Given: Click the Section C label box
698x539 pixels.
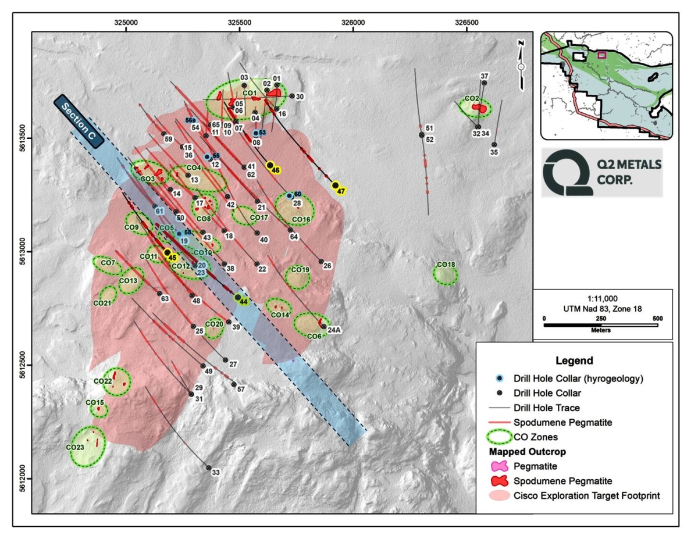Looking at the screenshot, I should click(79, 120).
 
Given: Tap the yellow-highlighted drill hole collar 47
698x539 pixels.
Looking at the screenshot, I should click(336, 185).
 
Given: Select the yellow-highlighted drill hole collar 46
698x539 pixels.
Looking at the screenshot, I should click(270, 165).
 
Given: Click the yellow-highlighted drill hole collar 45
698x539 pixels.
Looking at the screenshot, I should click(168, 252).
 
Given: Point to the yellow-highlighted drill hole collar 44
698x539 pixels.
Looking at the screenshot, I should click(238, 297).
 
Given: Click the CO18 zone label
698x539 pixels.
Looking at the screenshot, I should click(446, 265).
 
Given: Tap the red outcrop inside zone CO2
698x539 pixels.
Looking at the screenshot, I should click(479, 108).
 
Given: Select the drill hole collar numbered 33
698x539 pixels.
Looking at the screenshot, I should click(208, 467).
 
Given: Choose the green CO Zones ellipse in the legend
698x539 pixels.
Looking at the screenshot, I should click(500, 436).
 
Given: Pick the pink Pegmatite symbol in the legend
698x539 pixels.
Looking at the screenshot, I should click(500, 466).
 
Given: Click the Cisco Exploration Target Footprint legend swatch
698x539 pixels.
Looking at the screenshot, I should click(500, 495).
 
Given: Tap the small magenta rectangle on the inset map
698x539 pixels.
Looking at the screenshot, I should click(602, 55).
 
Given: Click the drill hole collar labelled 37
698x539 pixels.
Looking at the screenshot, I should click(484, 84).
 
